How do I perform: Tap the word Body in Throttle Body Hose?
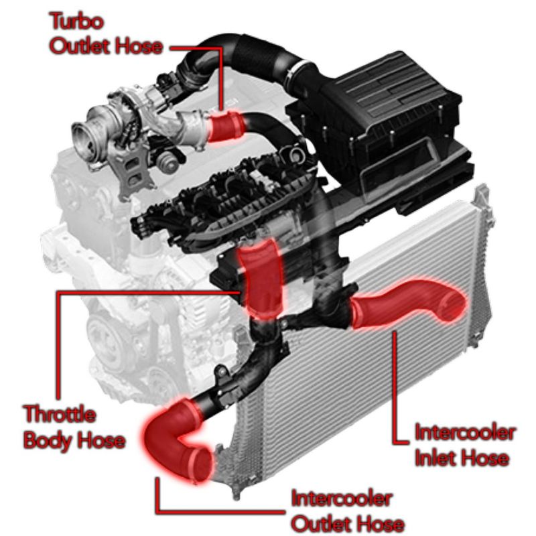click(x=46, y=441)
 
